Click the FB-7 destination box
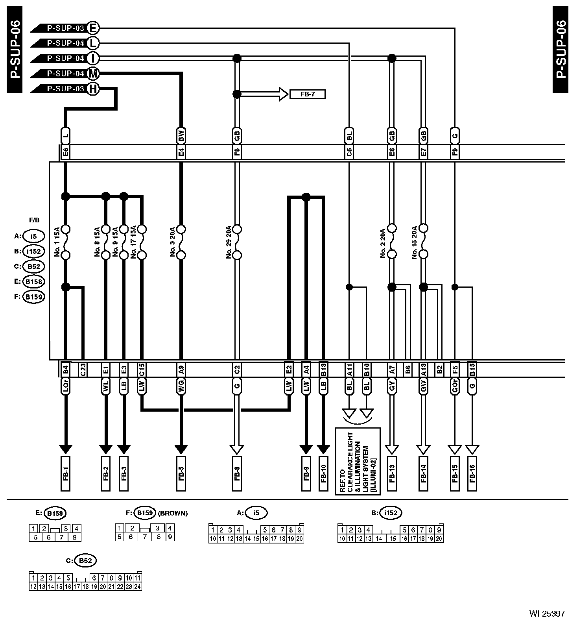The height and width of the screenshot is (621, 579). (x=307, y=94)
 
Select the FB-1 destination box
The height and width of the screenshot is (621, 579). (x=66, y=473)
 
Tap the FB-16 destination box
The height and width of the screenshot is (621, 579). (x=472, y=473)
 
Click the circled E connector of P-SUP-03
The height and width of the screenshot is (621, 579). (x=93, y=28)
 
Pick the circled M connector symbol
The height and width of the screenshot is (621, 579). (x=93, y=74)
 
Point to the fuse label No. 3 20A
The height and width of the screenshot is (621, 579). (x=172, y=242)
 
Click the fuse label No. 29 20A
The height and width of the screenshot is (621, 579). (x=229, y=242)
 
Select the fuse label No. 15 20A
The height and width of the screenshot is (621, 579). (x=414, y=242)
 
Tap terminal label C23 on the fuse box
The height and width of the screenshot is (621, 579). (x=83, y=369)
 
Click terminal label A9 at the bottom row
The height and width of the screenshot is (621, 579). (x=181, y=369)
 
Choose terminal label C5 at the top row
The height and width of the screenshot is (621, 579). (x=349, y=152)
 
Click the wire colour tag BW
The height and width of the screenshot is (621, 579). (x=181, y=136)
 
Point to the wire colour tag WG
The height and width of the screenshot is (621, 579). (x=181, y=386)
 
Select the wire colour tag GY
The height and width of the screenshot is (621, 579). (x=392, y=386)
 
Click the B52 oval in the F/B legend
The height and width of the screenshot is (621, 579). (x=33, y=266)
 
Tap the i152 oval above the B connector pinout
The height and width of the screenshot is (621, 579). (x=391, y=513)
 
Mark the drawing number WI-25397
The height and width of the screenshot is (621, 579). (x=547, y=613)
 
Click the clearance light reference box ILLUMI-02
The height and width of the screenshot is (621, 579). (x=358, y=461)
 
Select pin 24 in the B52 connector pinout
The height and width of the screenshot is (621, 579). (x=137, y=587)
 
